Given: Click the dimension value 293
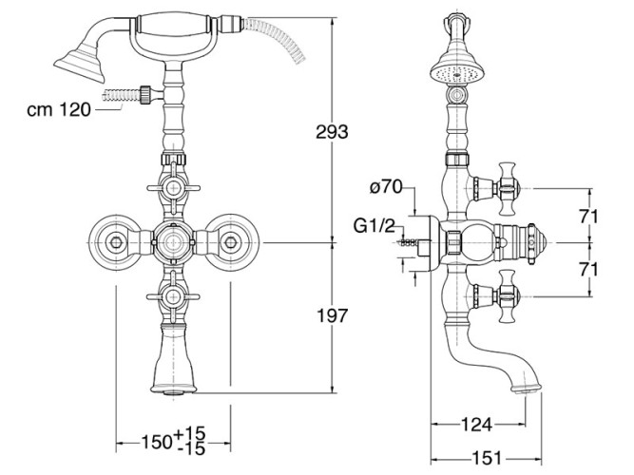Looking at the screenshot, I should point(331,131).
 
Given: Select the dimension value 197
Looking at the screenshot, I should point(331,315).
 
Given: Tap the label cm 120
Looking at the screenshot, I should point(58,109).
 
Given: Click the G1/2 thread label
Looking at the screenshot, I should point(378,225).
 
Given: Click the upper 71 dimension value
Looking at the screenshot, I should point(589,217).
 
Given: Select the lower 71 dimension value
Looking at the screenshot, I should point(589,270).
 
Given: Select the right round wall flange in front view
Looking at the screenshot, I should point(229,243).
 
